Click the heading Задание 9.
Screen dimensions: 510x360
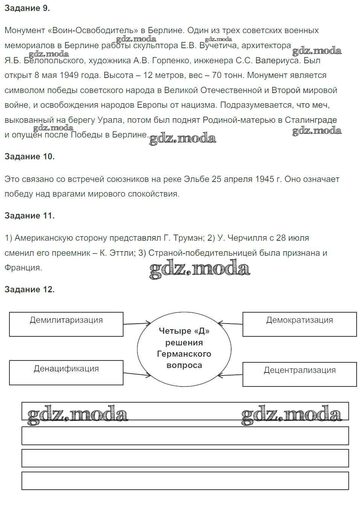[27, 8]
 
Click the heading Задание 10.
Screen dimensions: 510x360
[29, 157]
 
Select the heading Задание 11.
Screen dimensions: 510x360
[29, 215]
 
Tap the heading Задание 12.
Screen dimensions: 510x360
[29, 289]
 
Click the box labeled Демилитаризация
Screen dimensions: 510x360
[66, 324]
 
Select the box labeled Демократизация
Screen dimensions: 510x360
[299, 324]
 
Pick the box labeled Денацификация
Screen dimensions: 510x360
[66, 373]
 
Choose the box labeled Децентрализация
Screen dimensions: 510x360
[299, 374]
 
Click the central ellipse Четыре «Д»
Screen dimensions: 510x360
[184, 348]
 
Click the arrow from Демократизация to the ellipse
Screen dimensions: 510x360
[230, 324]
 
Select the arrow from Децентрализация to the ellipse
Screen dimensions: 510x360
[230, 375]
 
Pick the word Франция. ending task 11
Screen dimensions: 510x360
[23, 268]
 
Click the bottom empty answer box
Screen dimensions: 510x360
[185, 481]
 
